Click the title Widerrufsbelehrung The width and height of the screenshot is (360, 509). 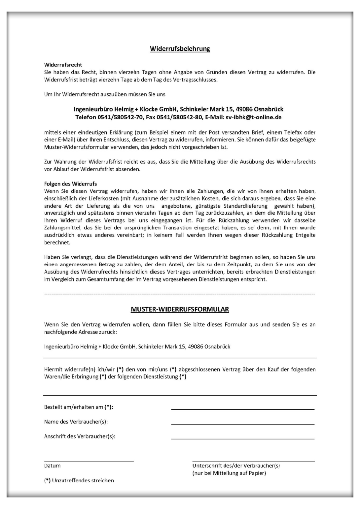click(180, 49)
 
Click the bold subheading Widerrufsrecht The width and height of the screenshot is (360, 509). click(63, 65)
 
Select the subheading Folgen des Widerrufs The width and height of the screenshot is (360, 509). click(70, 184)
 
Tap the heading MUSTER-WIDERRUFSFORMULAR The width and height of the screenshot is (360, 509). click(180, 309)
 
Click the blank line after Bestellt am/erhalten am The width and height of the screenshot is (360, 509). click(243, 409)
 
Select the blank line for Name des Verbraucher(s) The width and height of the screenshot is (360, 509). click(243, 424)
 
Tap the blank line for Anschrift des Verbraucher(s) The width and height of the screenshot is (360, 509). click(243, 439)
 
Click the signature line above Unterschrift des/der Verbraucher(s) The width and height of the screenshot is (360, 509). click(253, 461)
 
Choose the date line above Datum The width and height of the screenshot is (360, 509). click(89, 461)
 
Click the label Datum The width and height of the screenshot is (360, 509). click(52, 466)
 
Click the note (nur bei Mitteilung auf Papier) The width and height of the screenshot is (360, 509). click(229, 473)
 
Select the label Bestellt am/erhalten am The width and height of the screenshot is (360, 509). click(81, 407)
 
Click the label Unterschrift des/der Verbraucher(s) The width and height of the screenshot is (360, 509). click(236, 466)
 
